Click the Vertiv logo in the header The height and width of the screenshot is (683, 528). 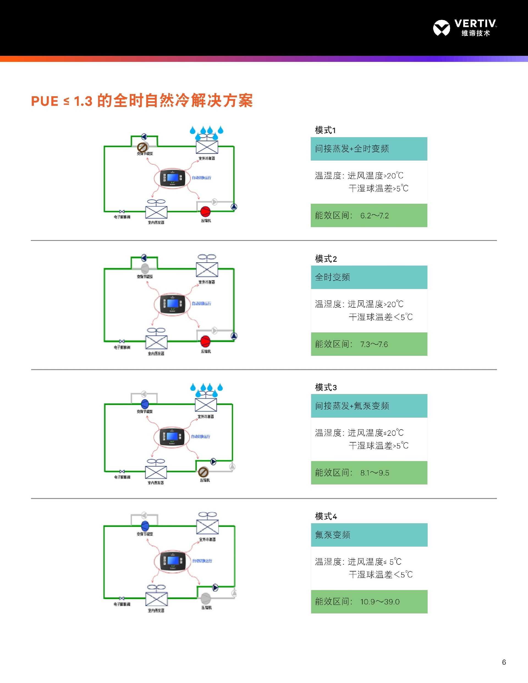pos(465,27)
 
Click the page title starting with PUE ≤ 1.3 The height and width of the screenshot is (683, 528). pos(142,101)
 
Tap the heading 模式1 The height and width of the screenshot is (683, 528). pos(325,130)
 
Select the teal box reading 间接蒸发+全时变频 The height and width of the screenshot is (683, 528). pos(369,149)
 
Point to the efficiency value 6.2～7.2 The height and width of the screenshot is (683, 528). pos(375,216)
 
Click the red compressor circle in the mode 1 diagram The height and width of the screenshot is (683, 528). pos(205,211)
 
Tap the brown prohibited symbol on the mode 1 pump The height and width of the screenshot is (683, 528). pos(142,147)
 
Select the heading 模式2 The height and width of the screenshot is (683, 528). pos(326,259)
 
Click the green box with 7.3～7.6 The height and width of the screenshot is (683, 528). pos(369,344)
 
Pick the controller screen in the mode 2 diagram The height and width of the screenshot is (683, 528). pos(172,303)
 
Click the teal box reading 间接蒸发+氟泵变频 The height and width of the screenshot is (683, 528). pos(369,406)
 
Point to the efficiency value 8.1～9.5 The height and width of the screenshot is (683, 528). pos(375,473)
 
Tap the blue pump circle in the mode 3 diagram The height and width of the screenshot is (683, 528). pos(145,404)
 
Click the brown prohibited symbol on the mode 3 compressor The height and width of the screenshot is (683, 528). pos(203,472)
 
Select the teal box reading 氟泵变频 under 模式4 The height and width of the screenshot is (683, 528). pos(369,535)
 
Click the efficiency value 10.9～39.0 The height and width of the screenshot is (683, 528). pos(380,602)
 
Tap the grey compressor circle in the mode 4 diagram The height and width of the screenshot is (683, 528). pos(205,598)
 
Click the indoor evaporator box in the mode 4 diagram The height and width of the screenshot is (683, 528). pos(156,599)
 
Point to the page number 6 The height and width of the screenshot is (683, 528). pos(504,662)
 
